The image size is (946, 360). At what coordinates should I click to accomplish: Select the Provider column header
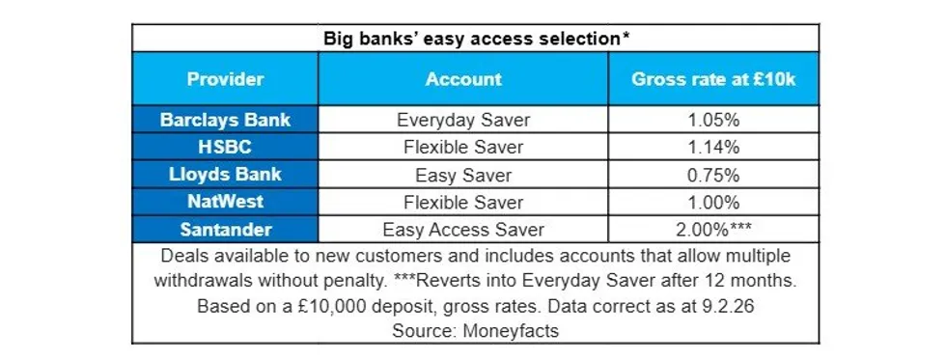(x=225, y=79)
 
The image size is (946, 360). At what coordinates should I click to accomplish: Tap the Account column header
(x=463, y=79)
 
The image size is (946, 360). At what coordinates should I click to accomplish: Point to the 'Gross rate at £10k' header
(x=713, y=79)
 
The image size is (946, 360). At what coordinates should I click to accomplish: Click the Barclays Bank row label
(x=225, y=121)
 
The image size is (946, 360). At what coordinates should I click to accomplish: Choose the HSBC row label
(x=225, y=148)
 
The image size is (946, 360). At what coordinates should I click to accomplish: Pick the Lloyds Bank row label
(x=225, y=176)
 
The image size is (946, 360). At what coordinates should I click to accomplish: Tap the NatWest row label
(x=225, y=203)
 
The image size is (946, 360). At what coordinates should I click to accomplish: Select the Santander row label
(x=225, y=230)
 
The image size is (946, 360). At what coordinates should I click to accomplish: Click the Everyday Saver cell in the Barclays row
(x=463, y=121)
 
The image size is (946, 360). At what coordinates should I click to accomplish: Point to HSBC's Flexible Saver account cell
(x=463, y=148)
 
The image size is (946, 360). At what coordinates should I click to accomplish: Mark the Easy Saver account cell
(x=463, y=176)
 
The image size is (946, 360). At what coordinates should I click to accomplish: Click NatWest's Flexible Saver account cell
(x=463, y=203)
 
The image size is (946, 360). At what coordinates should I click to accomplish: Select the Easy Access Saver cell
(x=463, y=230)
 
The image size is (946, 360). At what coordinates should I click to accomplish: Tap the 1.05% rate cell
(x=713, y=121)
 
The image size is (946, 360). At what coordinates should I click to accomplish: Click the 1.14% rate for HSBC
(x=713, y=148)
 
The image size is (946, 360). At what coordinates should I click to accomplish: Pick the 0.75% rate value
(x=713, y=176)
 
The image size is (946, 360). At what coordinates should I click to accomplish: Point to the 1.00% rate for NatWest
(x=713, y=203)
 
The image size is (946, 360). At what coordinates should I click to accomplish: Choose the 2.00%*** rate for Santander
(x=713, y=230)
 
